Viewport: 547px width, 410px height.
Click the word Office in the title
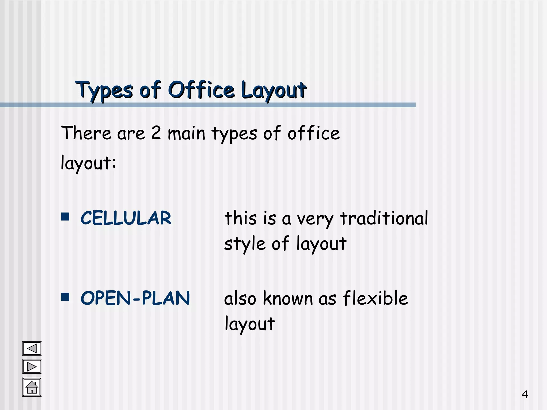pos(202,90)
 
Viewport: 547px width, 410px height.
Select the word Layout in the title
pos(273,90)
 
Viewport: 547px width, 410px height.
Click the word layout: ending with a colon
pos(88,163)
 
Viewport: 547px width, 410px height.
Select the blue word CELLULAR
pos(126,218)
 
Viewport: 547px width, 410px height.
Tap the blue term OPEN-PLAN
pos(135,298)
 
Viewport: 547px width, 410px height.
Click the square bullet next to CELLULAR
pos(65,217)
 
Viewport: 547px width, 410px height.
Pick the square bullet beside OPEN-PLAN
pos(65,297)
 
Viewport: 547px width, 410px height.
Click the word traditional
pos(384,218)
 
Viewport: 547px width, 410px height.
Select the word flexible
pos(375,298)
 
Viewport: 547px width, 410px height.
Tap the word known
pos(288,298)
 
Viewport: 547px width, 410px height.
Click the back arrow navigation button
pos(32,349)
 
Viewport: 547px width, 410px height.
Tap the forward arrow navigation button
pos(32,367)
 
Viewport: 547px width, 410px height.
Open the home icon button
pos(32,387)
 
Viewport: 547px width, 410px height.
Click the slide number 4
pos(525,394)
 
